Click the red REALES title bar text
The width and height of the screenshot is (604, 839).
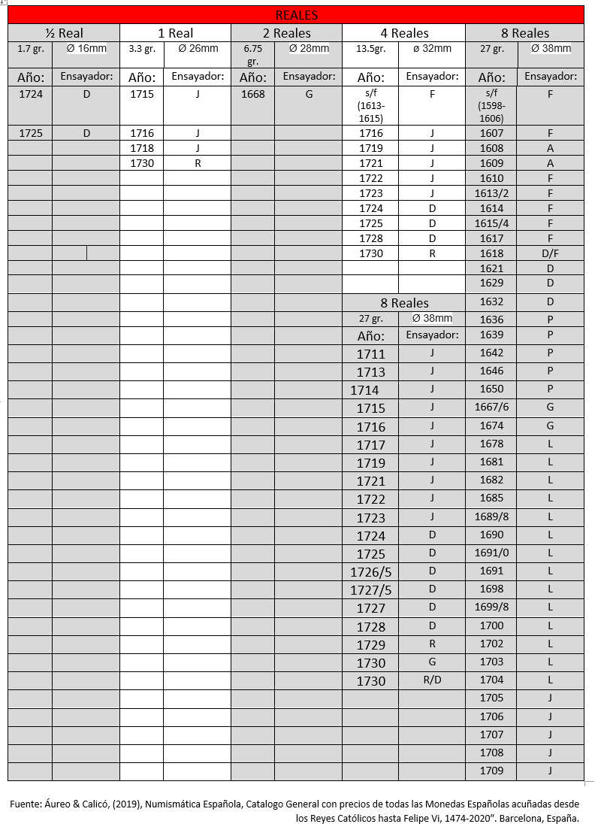(x=296, y=15)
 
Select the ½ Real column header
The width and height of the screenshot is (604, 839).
(x=64, y=33)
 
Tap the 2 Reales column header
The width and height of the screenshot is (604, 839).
(x=286, y=33)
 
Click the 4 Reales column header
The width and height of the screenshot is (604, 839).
(x=404, y=33)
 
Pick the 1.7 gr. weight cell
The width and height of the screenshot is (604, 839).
(x=30, y=50)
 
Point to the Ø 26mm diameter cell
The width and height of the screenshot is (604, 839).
(x=197, y=50)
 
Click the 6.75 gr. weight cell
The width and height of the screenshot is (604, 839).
(x=252, y=55)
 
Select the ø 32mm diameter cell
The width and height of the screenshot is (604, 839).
(x=432, y=50)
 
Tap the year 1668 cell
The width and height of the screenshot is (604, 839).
(x=252, y=95)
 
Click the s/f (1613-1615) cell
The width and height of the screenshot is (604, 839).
(x=370, y=106)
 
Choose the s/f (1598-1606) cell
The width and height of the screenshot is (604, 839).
(x=491, y=106)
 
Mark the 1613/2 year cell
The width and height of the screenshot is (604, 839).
(x=491, y=193)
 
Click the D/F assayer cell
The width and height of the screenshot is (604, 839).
(x=550, y=253)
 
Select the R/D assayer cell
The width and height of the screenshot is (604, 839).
(x=432, y=680)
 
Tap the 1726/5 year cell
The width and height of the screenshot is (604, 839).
(x=371, y=572)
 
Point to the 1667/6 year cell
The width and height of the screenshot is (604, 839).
(x=491, y=407)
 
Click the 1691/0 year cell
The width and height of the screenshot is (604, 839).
(x=491, y=553)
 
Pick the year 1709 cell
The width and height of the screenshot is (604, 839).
(x=491, y=771)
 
